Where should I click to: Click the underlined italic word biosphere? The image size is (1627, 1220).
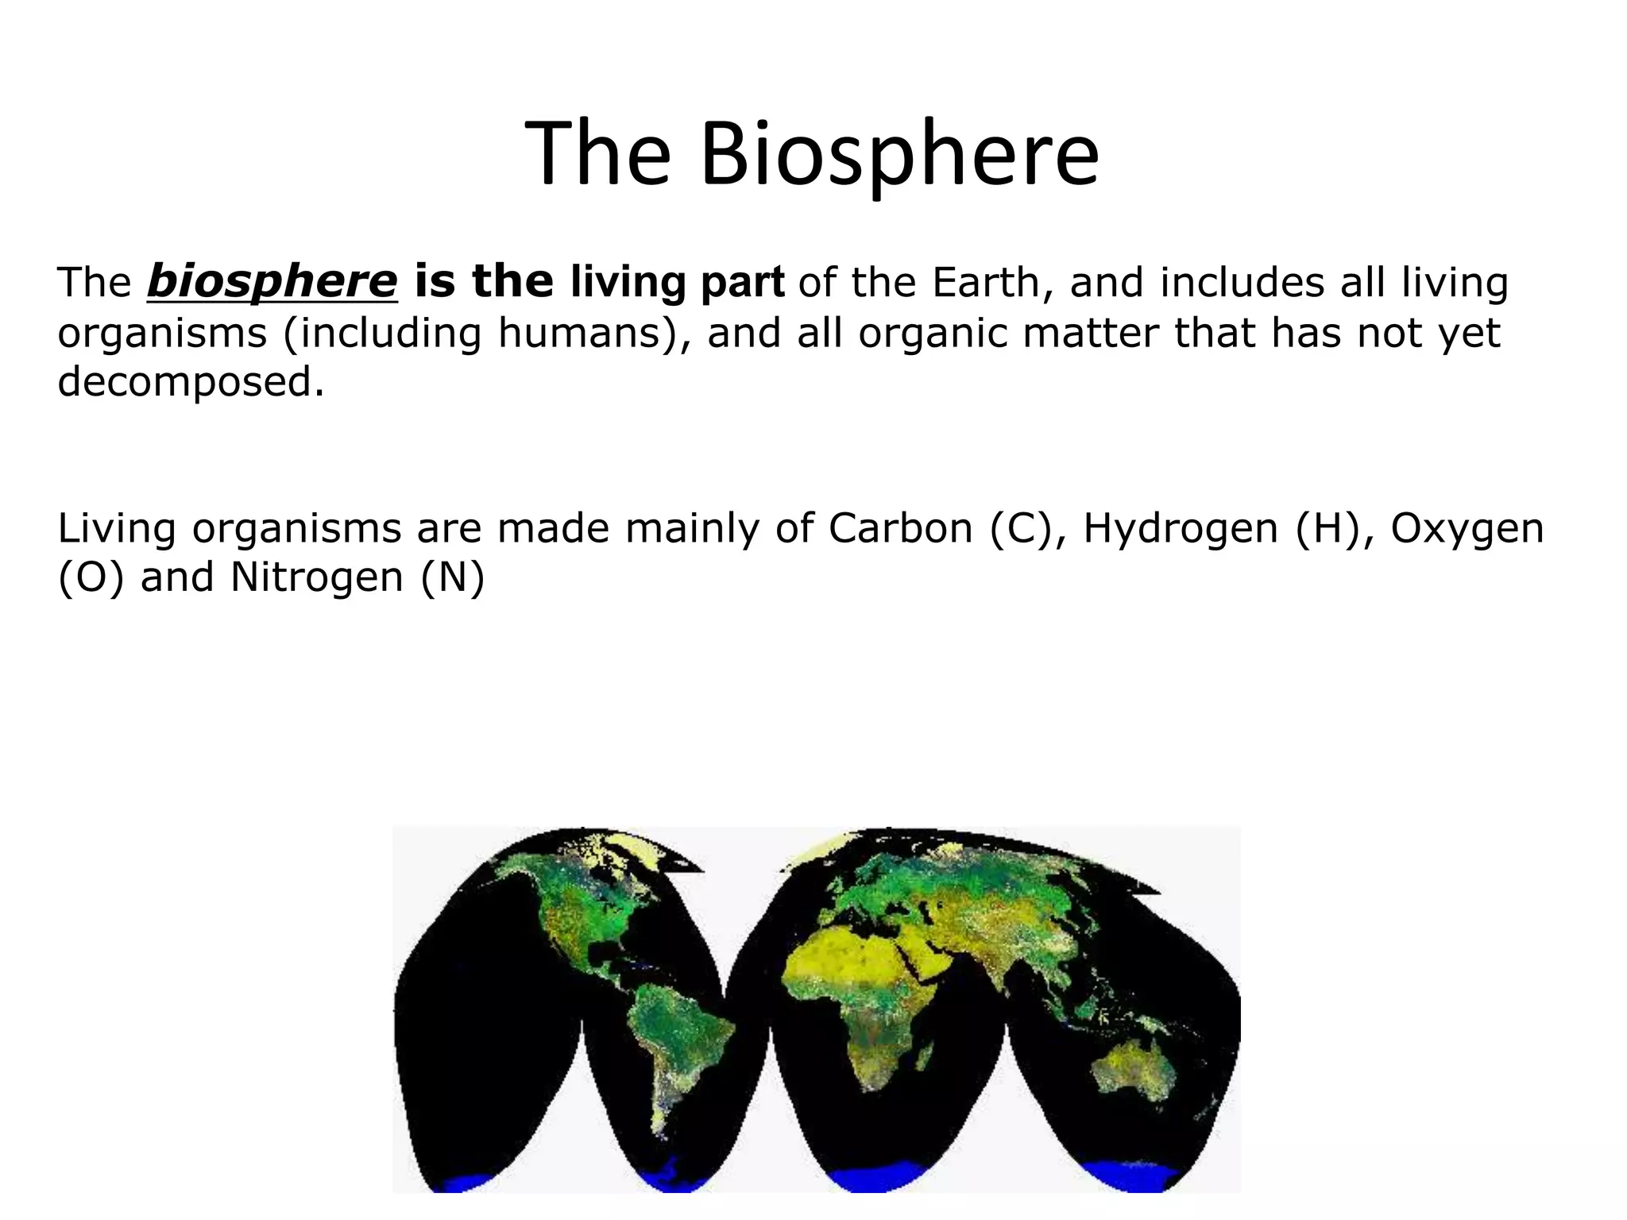point(272,282)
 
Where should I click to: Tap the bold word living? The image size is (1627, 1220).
point(628,282)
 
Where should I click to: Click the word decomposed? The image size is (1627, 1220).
point(191,381)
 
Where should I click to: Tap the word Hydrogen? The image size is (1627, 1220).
point(1181,528)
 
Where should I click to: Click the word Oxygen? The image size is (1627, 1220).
point(1467,528)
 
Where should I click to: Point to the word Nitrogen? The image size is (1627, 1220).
point(317,577)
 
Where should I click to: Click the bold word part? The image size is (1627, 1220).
point(742,282)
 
